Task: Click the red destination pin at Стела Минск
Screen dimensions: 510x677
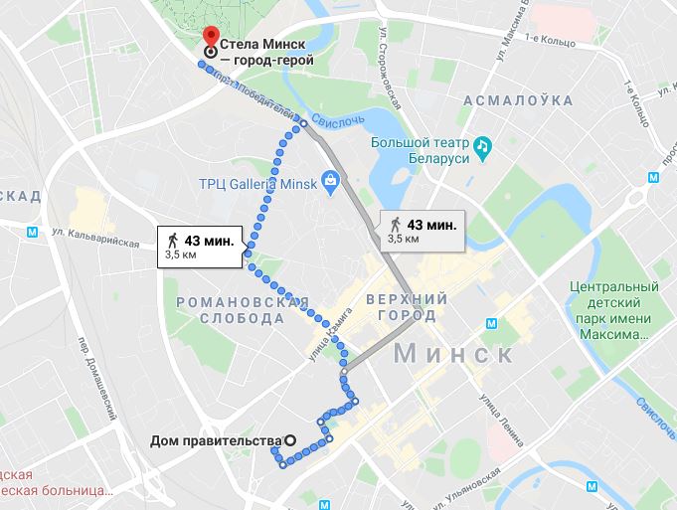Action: pos(210,37)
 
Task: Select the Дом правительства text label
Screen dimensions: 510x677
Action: pos(216,440)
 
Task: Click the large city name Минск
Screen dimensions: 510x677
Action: pos(453,353)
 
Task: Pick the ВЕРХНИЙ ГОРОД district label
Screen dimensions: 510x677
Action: pos(401,307)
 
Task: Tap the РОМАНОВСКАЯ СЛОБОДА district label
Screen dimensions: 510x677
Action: pos(243,309)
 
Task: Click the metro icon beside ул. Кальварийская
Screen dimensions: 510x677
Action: pos(33,231)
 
